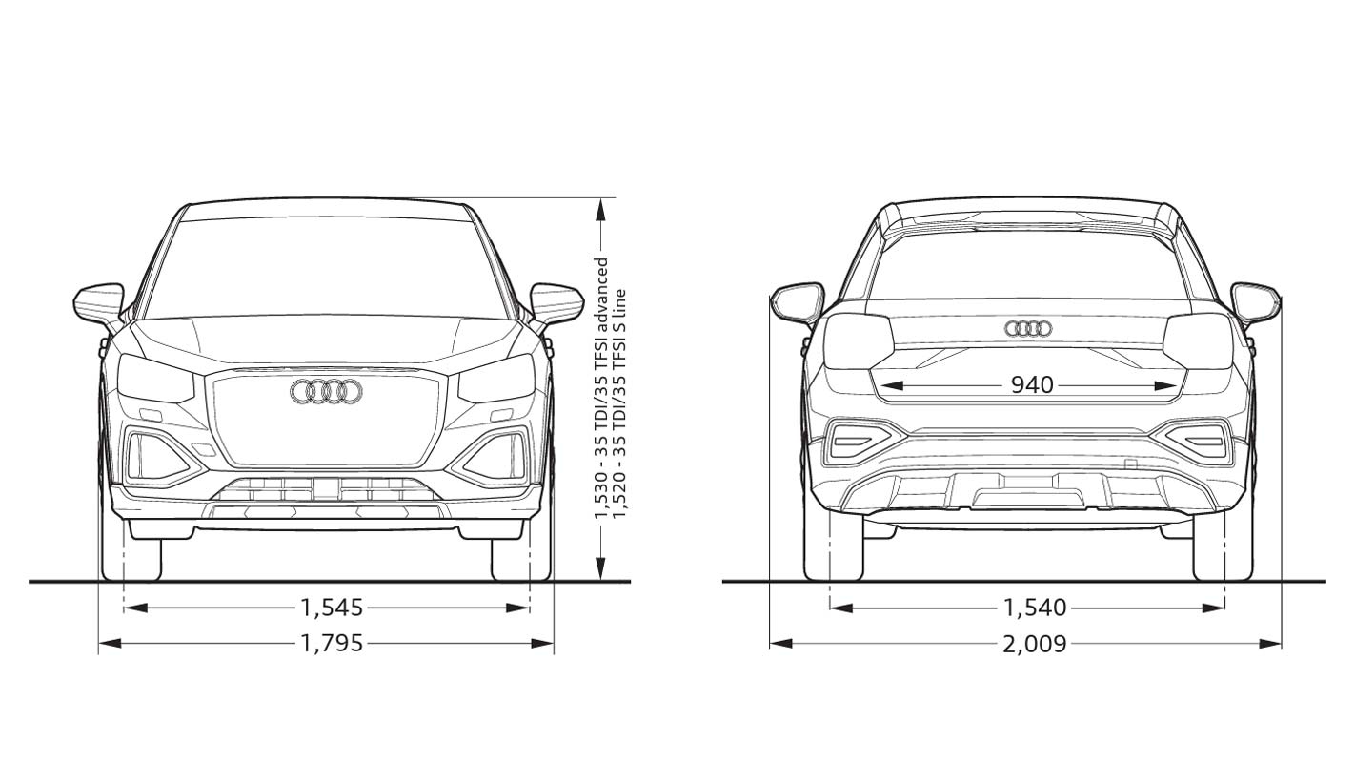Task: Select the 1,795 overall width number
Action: (332, 644)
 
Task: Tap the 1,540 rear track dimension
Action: (1034, 608)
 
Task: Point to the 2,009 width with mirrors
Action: (1034, 644)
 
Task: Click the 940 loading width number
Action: (1032, 385)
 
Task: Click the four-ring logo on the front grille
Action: (326, 391)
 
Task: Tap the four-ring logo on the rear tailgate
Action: (1028, 329)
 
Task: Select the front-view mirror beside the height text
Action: (556, 303)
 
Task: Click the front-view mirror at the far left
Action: (99, 303)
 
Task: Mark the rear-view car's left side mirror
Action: (798, 301)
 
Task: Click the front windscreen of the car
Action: (326, 267)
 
